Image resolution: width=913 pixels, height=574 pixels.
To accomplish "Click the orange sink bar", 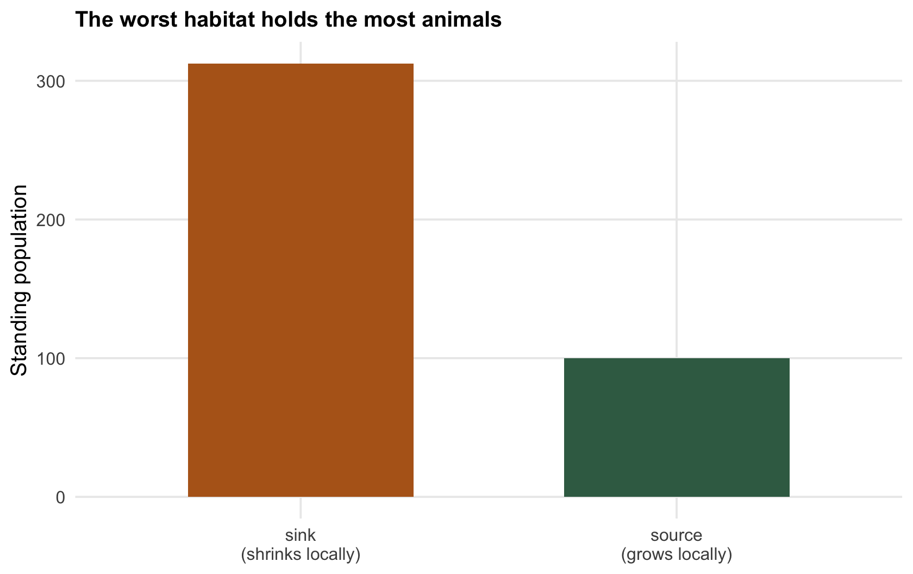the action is click(x=301, y=280).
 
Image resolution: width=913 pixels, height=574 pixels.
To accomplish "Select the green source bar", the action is click(x=677, y=428).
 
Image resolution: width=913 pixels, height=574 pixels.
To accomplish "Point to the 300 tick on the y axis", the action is click(x=51, y=82).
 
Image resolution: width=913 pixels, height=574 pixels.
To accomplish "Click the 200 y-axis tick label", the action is click(x=51, y=220).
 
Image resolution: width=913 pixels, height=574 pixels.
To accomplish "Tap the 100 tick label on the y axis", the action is click(x=51, y=359).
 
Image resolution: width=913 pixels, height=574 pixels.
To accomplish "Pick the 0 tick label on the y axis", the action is click(x=61, y=497).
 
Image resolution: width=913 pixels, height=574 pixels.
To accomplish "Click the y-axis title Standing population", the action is click(x=18, y=280).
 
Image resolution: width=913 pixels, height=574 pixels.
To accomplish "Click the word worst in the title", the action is click(x=149, y=19).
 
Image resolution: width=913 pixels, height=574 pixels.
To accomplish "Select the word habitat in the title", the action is click(x=220, y=19).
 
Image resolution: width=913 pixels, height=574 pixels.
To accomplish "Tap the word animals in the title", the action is click(x=461, y=19).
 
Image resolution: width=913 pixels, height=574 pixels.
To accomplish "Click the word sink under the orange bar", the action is click(x=301, y=535).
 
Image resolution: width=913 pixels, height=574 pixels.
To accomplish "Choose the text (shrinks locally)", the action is click(x=301, y=555).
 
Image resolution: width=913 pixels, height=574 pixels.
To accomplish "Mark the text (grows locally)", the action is click(x=677, y=555).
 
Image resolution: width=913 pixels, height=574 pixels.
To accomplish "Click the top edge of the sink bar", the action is click(x=301, y=64).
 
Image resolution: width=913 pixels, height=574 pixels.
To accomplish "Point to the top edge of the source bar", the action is click(x=677, y=359).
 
